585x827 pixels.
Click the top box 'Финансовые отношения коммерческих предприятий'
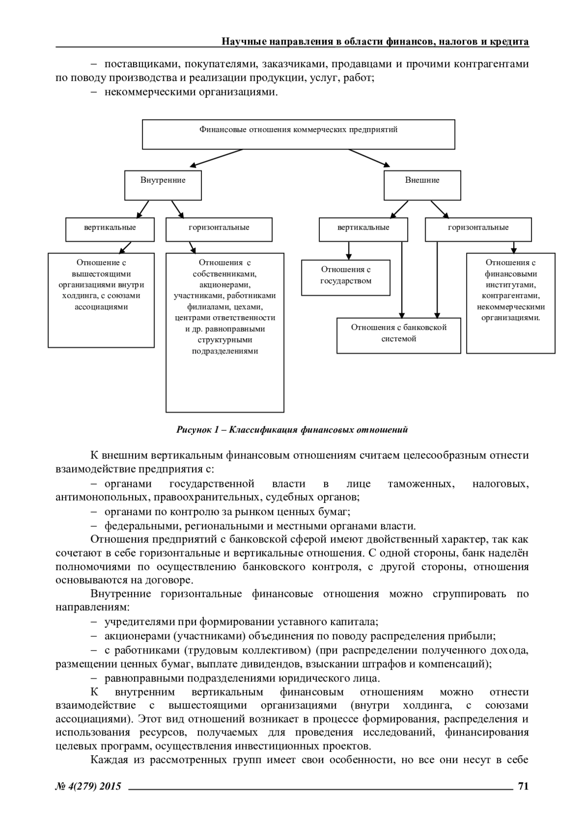[x=298, y=135]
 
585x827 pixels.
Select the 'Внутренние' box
[x=163, y=185]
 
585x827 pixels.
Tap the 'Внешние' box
[x=422, y=185]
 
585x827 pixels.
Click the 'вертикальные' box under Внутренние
[x=110, y=230]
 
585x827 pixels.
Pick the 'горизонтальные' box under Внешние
[x=478, y=230]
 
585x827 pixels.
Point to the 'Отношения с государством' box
[x=346, y=278]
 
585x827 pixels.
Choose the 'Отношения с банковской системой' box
[x=399, y=336]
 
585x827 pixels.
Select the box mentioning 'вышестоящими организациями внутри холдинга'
[x=101, y=300]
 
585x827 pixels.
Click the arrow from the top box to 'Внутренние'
[x=216, y=158]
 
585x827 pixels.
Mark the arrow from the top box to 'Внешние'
[x=370, y=158]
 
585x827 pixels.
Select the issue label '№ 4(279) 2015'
[x=88, y=786]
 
